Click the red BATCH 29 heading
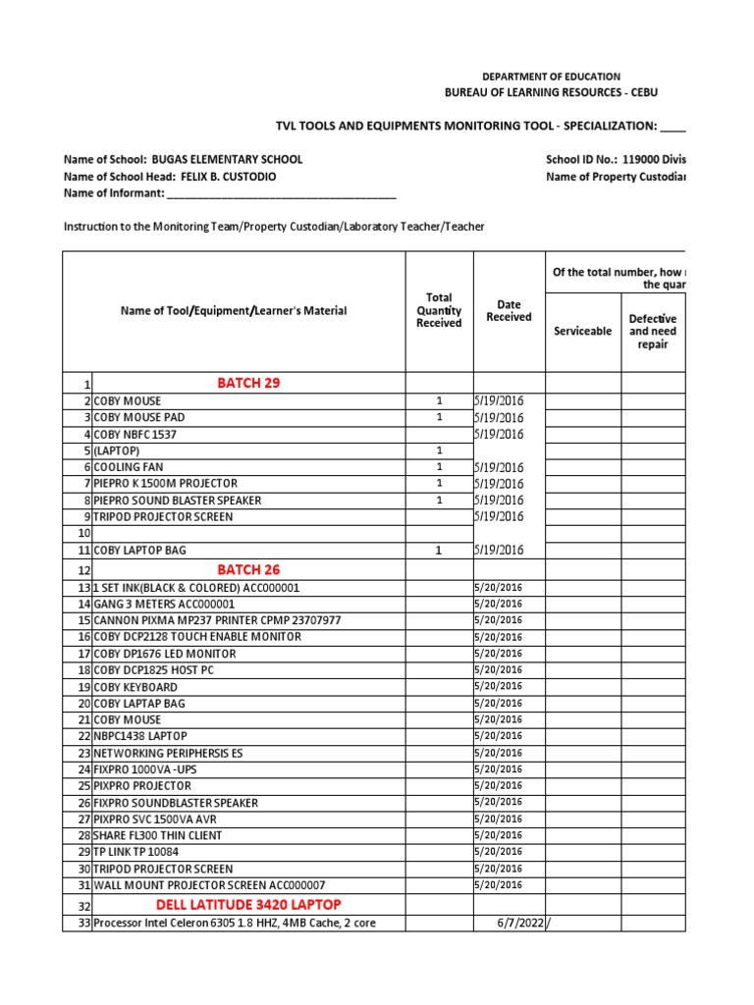point(248,383)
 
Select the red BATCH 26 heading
point(248,569)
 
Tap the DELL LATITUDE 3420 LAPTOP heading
point(248,904)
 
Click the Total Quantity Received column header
point(439,310)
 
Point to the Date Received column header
point(509,311)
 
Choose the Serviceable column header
point(583,331)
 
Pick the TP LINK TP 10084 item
point(136,852)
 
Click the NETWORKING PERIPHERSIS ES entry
point(169,753)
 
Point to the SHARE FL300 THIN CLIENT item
point(157,835)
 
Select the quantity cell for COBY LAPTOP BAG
point(439,551)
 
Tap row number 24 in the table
point(83,769)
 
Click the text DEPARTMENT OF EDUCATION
point(551,77)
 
